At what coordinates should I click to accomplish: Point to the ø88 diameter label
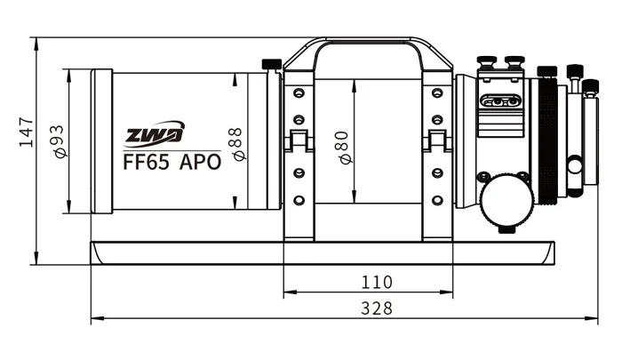click(x=236, y=143)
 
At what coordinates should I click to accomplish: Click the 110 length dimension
click(x=377, y=283)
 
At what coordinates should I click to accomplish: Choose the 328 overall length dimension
click(x=377, y=308)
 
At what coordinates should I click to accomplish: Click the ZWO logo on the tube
click(x=153, y=135)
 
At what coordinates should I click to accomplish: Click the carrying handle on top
click(x=369, y=44)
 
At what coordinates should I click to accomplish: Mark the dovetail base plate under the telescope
click(x=320, y=252)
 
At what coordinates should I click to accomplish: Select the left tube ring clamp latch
click(x=299, y=141)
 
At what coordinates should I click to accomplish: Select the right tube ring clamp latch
click(x=437, y=141)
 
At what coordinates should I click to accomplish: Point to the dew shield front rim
click(x=101, y=141)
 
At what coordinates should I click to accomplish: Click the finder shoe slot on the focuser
click(x=499, y=101)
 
